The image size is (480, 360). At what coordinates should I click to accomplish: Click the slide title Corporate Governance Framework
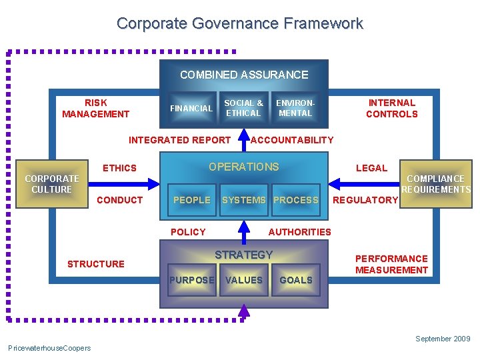click(x=240, y=23)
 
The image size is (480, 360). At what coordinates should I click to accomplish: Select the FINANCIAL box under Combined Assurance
click(x=191, y=108)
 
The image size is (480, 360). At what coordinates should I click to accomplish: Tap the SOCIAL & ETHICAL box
click(x=243, y=108)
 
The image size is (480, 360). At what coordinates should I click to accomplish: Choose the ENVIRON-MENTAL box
click(x=295, y=108)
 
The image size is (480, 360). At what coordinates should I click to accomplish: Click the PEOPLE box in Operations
click(x=191, y=200)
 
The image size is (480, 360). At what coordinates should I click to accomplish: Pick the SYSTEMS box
click(x=243, y=200)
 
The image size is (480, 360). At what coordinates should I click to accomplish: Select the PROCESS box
click(x=296, y=200)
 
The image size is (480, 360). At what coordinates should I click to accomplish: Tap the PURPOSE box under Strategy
click(x=191, y=280)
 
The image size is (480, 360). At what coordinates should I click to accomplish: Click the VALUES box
click(x=243, y=280)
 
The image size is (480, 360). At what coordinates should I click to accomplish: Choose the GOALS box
click(x=296, y=280)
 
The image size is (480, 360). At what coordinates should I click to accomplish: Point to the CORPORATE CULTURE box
click(x=51, y=184)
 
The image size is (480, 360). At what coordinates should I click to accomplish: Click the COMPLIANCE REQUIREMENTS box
click(x=436, y=184)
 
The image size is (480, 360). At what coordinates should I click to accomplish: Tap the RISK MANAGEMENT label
click(x=95, y=108)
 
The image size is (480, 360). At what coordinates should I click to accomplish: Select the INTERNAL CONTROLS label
click(x=392, y=108)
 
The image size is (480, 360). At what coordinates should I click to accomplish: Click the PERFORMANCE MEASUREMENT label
click(x=391, y=264)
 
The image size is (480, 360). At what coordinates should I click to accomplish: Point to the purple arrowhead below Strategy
click(x=244, y=311)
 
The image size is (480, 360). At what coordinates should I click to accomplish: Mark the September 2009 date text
click(x=443, y=339)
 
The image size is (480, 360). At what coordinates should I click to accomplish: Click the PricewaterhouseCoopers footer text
click(x=49, y=348)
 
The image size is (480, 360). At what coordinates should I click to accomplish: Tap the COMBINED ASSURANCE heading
click(x=244, y=75)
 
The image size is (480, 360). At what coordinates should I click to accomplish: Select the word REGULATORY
click(x=365, y=200)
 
